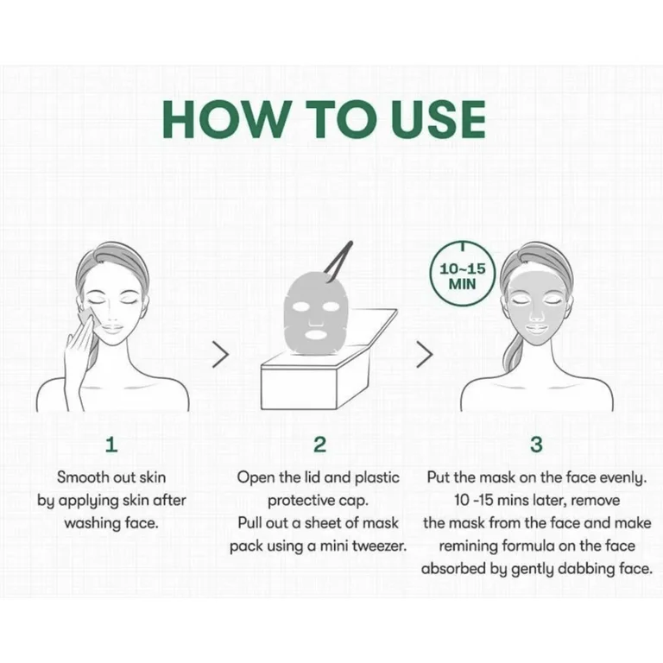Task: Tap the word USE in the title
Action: pyautogui.click(x=438, y=120)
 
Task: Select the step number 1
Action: pyautogui.click(x=111, y=445)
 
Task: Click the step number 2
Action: pyautogui.click(x=320, y=445)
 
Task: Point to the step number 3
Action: pyautogui.click(x=536, y=445)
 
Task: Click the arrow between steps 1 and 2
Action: pyautogui.click(x=221, y=354)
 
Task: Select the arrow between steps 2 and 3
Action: pyautogui.click(x=425, y=354)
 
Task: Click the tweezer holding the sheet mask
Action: pyautogui.click(x=338, y=261)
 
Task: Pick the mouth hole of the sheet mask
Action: pyautogui.click(x=316, y=335)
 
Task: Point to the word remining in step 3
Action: pyautogui.click(x=468, y=546)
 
